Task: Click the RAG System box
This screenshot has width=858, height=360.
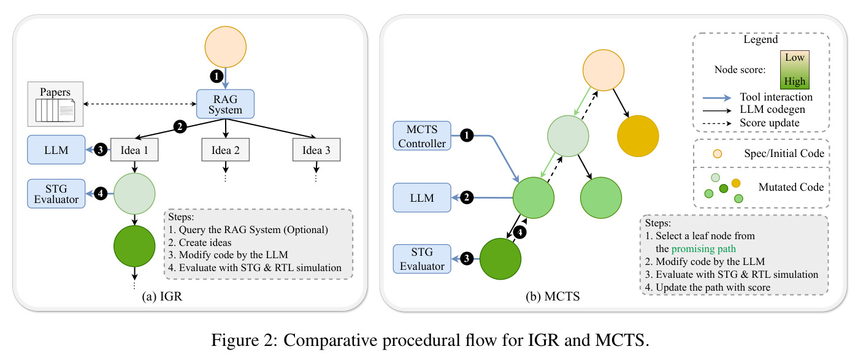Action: tap(225, 104)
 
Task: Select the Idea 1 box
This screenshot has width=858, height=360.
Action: tap(134, 150)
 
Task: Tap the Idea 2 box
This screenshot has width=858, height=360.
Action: tap(226, 150)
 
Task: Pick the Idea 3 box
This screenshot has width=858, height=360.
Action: tap(316, 150)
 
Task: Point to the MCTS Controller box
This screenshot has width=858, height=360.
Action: tap(422, 136)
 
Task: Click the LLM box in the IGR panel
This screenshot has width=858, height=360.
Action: tap(56, 150)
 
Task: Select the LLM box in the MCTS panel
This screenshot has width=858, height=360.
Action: tap(422, 197)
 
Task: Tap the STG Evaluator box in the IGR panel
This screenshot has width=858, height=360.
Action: tap(56, 194)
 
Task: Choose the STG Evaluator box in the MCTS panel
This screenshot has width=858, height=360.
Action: tap(422, 259)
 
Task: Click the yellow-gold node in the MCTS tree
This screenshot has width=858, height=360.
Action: tap(638, 136)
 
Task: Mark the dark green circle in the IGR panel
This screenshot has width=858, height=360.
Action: tap(134, 247)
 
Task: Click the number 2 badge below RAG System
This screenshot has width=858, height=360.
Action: tap(180, 126)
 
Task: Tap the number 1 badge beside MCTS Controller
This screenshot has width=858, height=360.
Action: tap(467, 135)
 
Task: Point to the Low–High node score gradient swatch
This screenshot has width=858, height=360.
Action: tap(795, 70)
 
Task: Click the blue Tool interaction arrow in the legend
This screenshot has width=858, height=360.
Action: tap(717, 98)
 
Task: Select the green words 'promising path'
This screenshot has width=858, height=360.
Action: tap(703, 249)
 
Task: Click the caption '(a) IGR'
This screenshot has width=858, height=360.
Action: tap(162, 296)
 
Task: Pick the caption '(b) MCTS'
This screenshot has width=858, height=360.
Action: tap(553, 296)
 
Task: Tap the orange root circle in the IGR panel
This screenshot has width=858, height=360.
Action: tap(226, 47)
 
